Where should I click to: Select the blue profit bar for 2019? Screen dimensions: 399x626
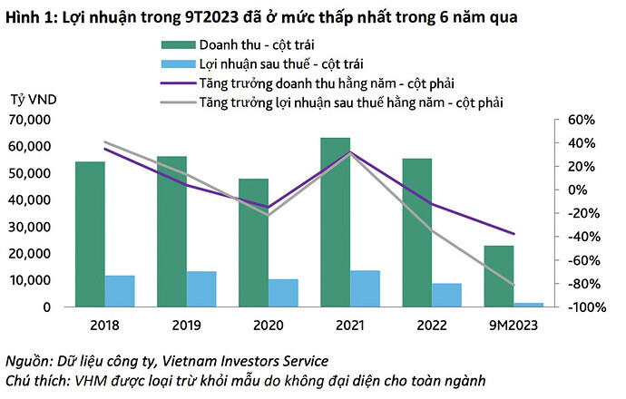pos(201,288)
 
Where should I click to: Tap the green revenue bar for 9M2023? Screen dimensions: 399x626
pos(498,276)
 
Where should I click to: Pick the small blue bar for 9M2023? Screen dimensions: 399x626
pos(528,305)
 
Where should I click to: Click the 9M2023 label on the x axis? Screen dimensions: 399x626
pos(514,324)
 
